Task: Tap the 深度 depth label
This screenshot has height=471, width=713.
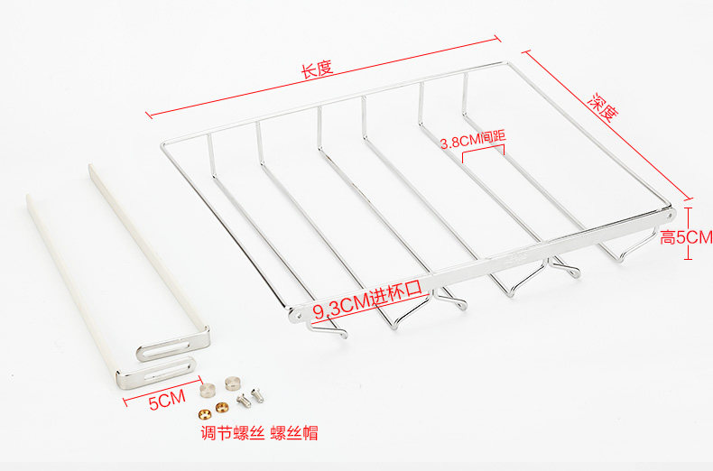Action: pos(604,109)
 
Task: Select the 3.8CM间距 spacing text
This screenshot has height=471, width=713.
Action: pos(472,141)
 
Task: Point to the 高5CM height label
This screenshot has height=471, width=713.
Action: pos(686,237)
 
